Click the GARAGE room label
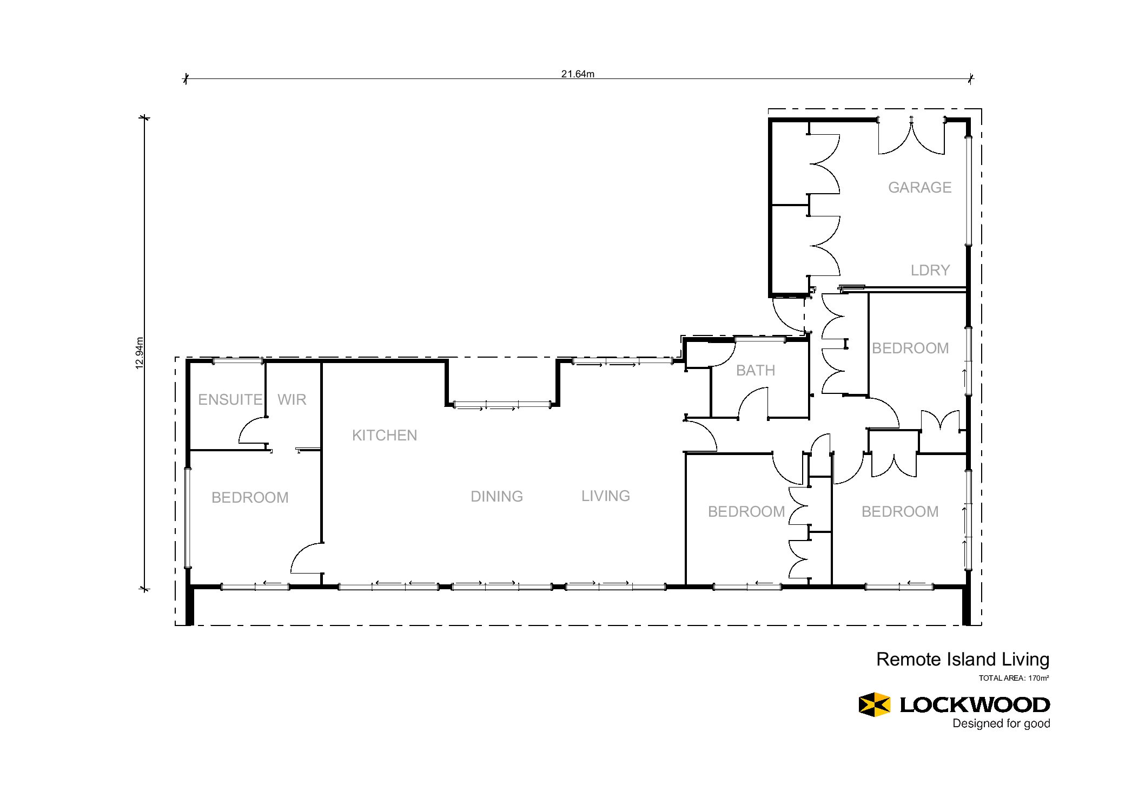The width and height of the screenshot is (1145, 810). [x=919, y=187]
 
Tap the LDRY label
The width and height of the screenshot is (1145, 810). [x=930, y=270]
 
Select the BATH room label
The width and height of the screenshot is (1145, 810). [x=756, y=370]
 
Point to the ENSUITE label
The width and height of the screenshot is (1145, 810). [x=230, y=399]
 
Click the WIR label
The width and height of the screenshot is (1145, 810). [x=292, y=399]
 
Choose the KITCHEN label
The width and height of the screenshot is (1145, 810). [x=385, y=435]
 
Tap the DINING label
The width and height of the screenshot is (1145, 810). [x=497, y=496]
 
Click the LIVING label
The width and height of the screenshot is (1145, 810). [x=606, y=496]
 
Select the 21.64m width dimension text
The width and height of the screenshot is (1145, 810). [x=578, y=74]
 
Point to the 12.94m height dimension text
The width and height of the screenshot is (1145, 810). [x=140, y=353]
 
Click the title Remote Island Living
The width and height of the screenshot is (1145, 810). [x=963, y=660]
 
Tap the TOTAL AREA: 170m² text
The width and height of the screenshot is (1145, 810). [x=1014, y=678]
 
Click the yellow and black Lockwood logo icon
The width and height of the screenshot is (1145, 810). [x=875, y=704]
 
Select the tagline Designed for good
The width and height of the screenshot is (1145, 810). [x=1001, y=723]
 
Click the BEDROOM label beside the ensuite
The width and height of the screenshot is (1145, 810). [x=250, y=497]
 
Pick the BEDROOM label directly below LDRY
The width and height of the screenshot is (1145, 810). [x=910, y=348]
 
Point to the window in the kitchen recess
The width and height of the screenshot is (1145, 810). [x=502, y=405]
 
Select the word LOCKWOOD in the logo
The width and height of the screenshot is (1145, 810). [x=975, y=704]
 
